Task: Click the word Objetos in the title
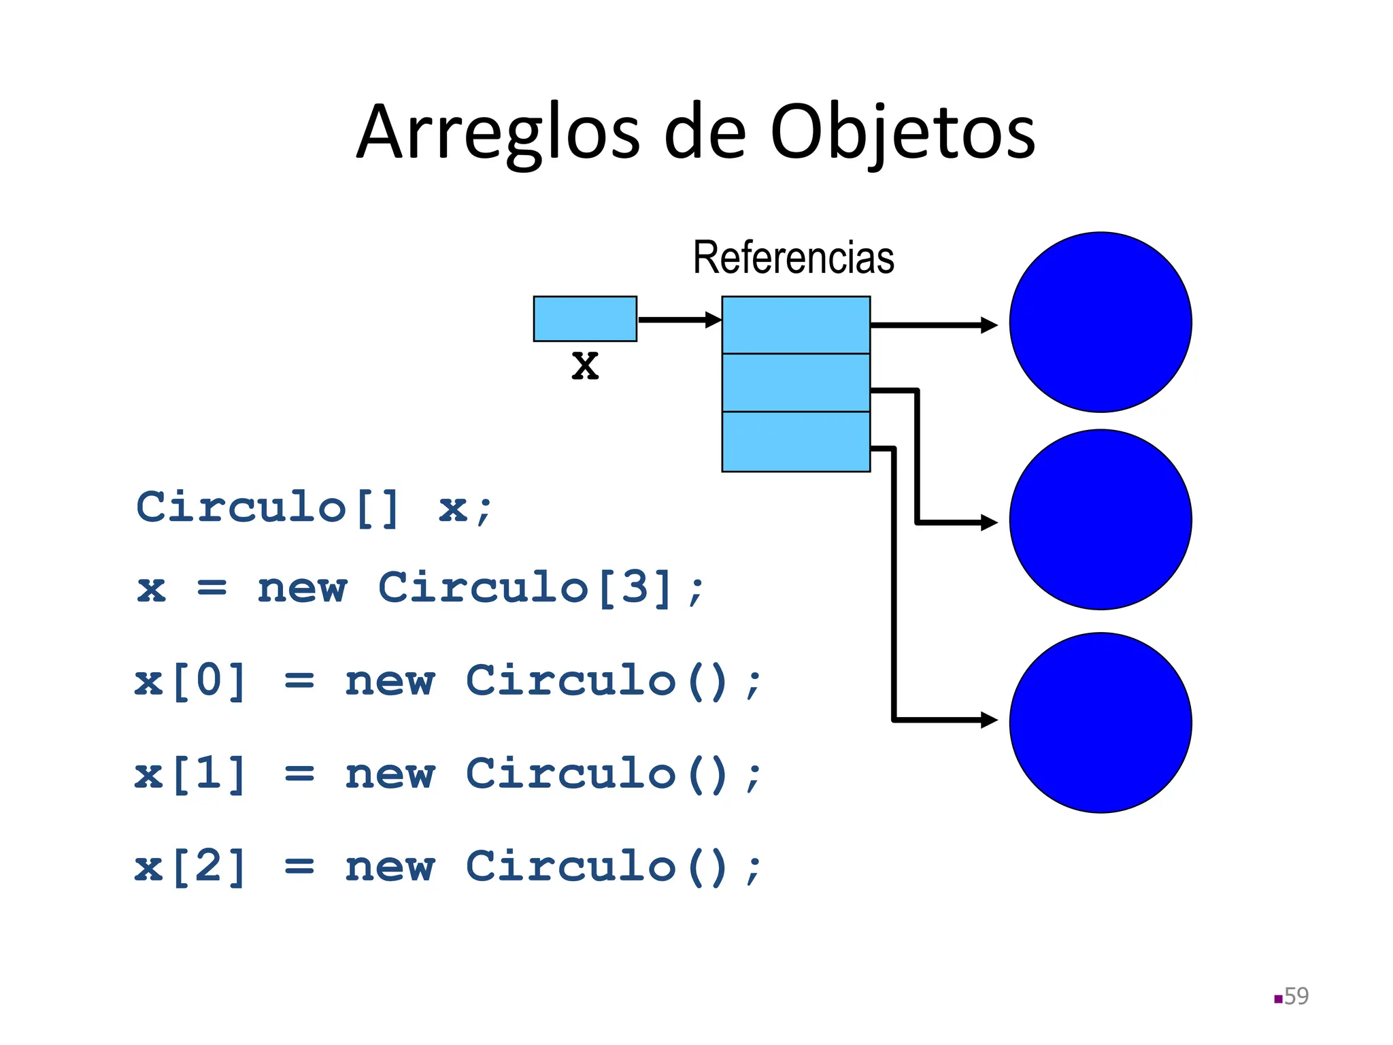click(902, 133)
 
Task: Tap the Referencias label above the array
click(793, 258)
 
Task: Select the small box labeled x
click(585, 318)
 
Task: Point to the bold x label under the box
click(585, 365)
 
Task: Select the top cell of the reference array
click(796, 325)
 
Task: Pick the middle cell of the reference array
click(796, 382)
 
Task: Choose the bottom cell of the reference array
click(796, 441)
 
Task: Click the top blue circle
click(1101, 322)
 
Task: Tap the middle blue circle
click(1101, 520)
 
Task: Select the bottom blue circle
click(1101, 723)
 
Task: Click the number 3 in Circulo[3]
click(635, 587)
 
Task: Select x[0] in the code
click(190, 680)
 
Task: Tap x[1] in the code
click(190, 774)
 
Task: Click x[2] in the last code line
click(190, 867)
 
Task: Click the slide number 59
click(1296, 996)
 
